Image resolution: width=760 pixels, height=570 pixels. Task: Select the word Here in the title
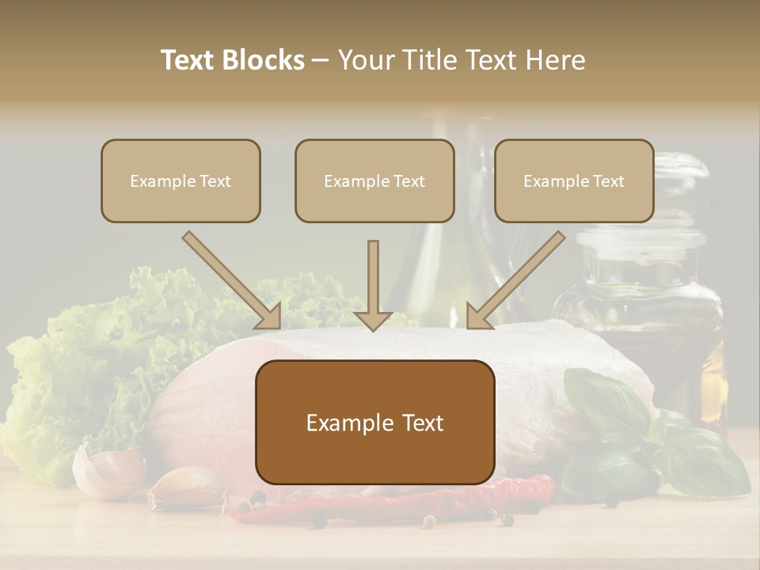coord(553,60)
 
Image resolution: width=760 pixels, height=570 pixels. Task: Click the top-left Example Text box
coord(180,180)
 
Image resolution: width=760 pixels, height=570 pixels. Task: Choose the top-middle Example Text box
coord(374,180)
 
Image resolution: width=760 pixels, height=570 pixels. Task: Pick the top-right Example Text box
coord(574,180)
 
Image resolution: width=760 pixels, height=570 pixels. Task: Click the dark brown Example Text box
coord(374,423)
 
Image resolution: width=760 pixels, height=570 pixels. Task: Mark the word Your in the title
coord(364,60)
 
